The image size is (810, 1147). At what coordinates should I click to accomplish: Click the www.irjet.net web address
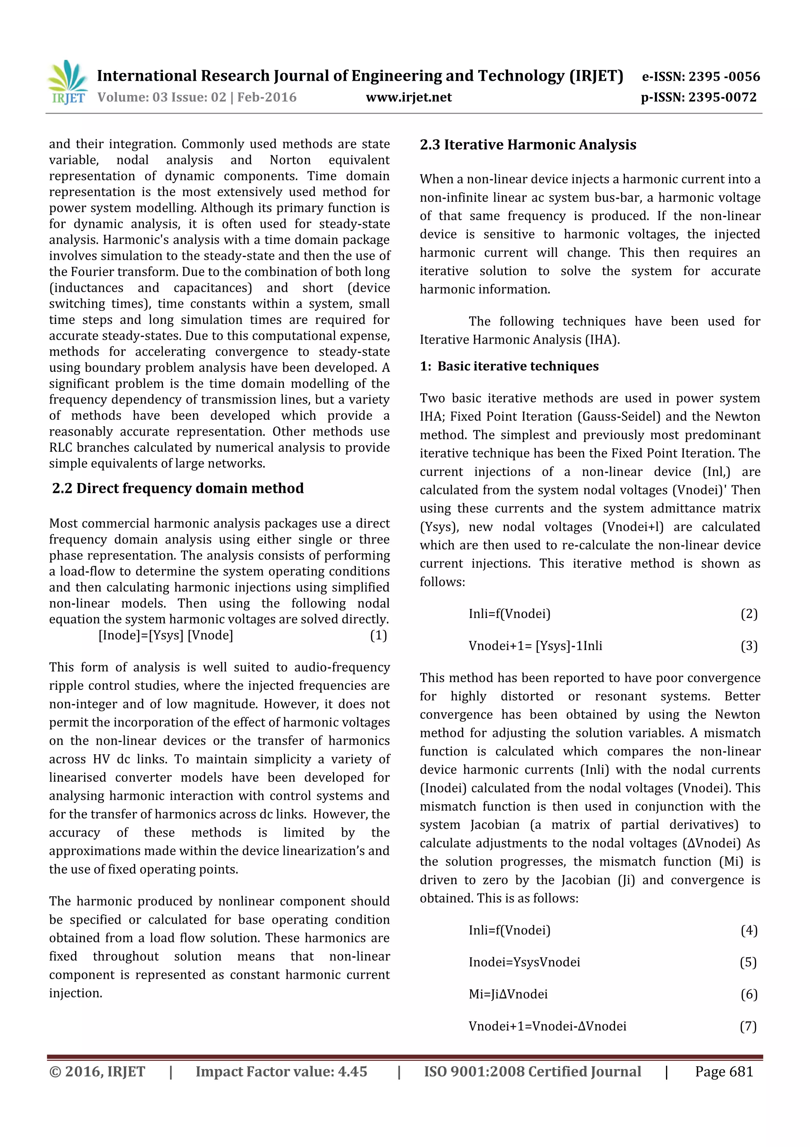click(408, 97)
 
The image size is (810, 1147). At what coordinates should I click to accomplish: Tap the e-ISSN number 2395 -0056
click(724, 76)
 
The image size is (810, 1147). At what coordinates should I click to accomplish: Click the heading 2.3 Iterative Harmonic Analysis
click(528, 145)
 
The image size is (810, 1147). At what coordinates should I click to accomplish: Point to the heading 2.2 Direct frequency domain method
click(178, 488)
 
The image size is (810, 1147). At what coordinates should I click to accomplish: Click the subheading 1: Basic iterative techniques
click(509, 366)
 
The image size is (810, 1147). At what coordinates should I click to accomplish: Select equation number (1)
click(378, 635)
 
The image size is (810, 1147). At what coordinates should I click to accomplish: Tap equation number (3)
click(749, 646)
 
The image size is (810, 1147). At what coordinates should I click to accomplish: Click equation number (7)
click(748, 1026)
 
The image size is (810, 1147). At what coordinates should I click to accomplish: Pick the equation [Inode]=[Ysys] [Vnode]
click(166, 635)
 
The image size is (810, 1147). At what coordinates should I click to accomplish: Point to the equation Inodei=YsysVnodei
click(524, 962)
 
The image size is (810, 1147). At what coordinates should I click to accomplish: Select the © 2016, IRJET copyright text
click(97, 1071)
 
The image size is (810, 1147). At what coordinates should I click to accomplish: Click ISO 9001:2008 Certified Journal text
click(532, 1071)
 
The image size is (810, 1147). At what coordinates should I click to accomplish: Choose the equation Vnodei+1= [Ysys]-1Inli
click(535, 646)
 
